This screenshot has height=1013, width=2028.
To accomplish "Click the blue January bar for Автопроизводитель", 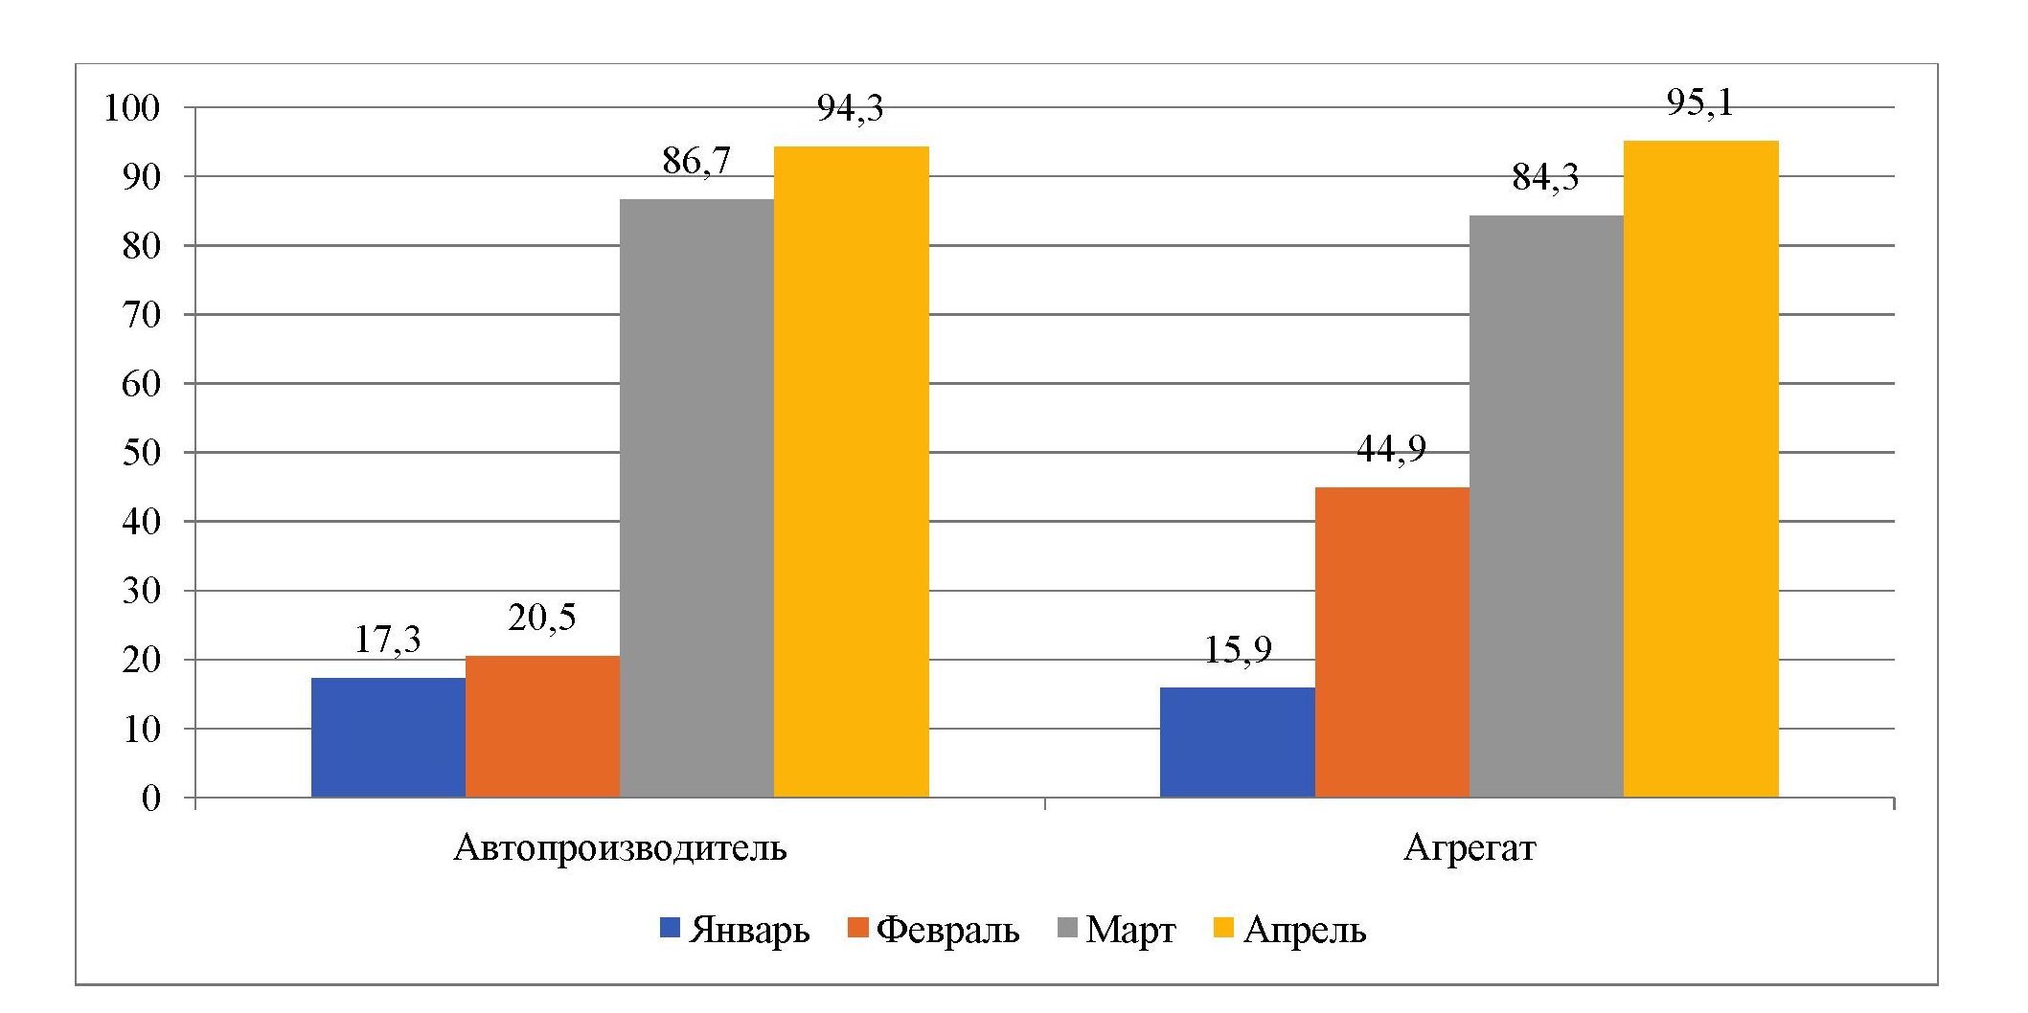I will [388, 737].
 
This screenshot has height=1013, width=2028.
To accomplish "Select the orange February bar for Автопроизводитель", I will [542, 726].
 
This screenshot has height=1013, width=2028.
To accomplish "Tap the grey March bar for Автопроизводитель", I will [696, 498].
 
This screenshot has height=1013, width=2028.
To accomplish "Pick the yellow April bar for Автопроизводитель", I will [851, 471].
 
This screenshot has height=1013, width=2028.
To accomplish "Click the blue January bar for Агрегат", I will [1237, 742].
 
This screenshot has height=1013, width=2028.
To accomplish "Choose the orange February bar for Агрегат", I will [1391, 642].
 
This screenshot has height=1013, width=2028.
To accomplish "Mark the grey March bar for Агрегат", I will [1546, 506].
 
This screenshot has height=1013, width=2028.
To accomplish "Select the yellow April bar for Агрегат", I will [1700, 469].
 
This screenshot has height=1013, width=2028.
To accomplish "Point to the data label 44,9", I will [1391, 448].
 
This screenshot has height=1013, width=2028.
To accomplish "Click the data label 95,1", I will [1700, 102].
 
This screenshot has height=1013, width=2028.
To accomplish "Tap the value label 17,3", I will [388, 640].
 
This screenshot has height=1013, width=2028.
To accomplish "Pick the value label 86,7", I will [696, 161].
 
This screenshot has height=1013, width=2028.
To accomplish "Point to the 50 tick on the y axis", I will [141, 453].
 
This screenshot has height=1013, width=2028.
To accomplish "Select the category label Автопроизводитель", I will [620, 848].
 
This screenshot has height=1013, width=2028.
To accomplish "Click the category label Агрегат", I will [1469, 848].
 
